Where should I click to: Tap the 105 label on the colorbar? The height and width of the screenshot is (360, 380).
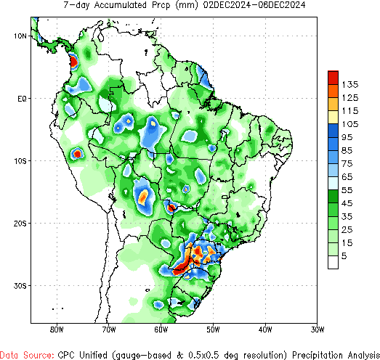click(352, 123)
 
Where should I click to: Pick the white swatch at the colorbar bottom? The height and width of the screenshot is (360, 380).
click(333, 263)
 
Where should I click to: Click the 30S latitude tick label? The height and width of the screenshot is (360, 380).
click(20, 285)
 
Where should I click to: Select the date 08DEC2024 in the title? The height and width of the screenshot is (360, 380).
click(278, 5)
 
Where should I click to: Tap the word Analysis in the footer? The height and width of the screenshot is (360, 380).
click(356, 354)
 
